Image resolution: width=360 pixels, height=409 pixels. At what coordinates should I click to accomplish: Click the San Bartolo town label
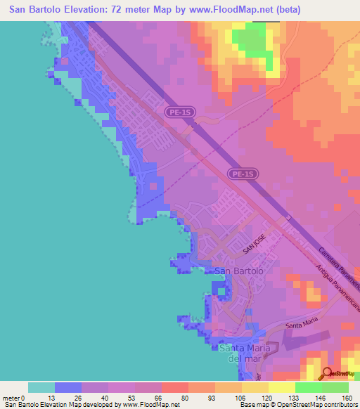pyautogui.click(x=239, y=271)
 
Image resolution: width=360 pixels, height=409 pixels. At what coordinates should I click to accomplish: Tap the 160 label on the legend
pyautogui.click(x=346, y=398)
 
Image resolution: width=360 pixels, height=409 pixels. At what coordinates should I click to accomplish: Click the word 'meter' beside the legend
pyautogui.click(x=11, y=398)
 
